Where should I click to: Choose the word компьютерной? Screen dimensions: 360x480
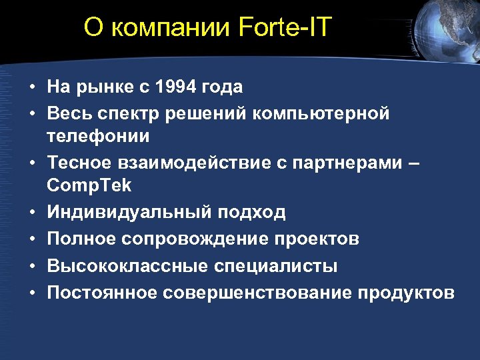[x=321, y=113]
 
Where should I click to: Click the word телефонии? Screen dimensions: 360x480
[x=98, y=136]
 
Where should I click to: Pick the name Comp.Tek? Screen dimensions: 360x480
[x=89, y=186]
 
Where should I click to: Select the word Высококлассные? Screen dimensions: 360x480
[x=127, y=266]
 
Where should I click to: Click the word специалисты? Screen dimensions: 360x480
[x=276, y=267]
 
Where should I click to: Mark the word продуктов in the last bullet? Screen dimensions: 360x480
[x=406, y=293]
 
